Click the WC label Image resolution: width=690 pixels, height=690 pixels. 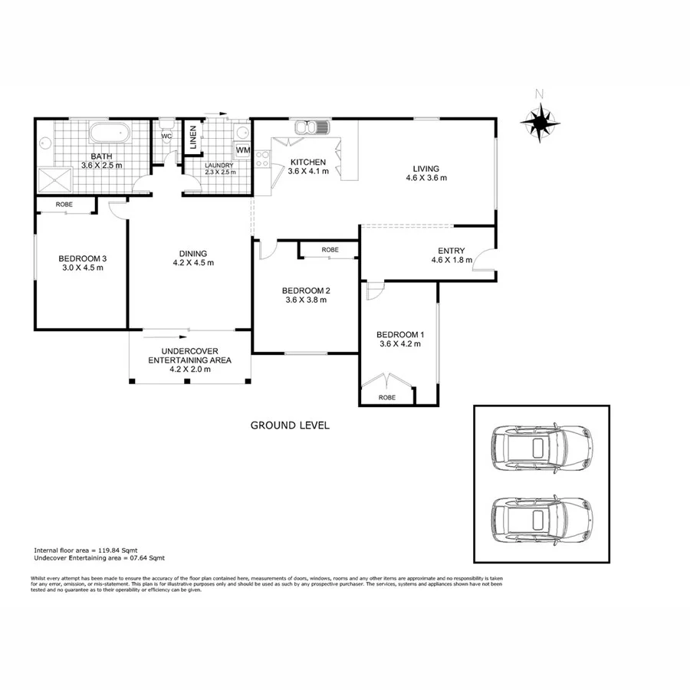coord(166,137)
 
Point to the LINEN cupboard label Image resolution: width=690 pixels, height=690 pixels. coord(194,138)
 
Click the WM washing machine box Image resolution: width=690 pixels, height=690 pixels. coord(243,149)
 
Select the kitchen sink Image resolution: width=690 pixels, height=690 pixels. coord(310,127)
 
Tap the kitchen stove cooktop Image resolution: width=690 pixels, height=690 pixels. coord(262,159)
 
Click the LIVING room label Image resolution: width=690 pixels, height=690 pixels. coord(426,169)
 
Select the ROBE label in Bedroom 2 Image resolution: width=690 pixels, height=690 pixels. coord(330,250)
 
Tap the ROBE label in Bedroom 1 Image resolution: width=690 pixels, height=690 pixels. coord(387,397)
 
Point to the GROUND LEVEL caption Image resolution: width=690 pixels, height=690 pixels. coord(290,425)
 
